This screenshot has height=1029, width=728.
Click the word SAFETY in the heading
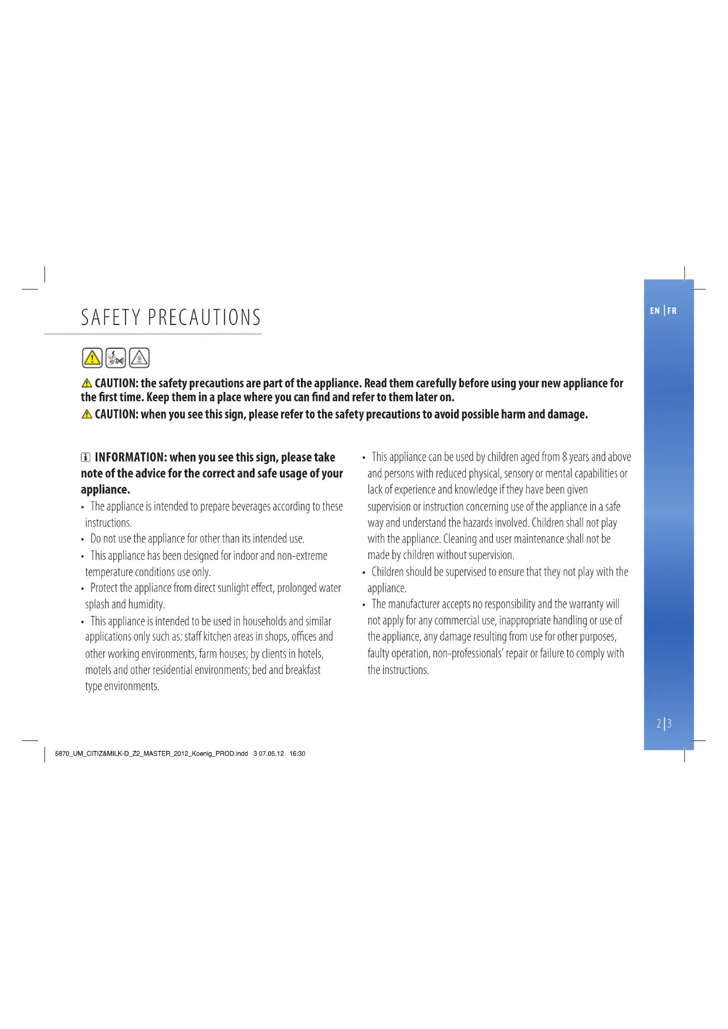[x=110, y=317]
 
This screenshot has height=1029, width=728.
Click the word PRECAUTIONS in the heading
[x=204, y=317]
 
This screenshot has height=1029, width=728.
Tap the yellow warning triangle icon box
[x=92, y=357]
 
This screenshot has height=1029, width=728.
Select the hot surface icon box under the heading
[x=139, y=357]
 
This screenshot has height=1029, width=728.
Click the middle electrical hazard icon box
[x=116, y=357]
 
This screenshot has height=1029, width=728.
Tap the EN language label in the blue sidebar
[x=655, y=311]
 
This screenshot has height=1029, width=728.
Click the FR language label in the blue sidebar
[x=672, y=311]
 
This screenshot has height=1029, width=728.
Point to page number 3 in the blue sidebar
[x=669, y=723]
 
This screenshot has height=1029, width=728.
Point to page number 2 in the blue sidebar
[x=659, y=723]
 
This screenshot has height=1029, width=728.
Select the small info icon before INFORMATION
[x=86, y=458]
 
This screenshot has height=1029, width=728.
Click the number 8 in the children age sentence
[x=564, y=457]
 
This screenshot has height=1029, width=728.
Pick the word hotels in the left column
[x=310, y=654]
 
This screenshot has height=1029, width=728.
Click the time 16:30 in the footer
[x=297, y=754]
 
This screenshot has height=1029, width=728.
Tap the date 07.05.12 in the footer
[x=271, y=754]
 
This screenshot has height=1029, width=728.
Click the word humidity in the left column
[x=146, y=605]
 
